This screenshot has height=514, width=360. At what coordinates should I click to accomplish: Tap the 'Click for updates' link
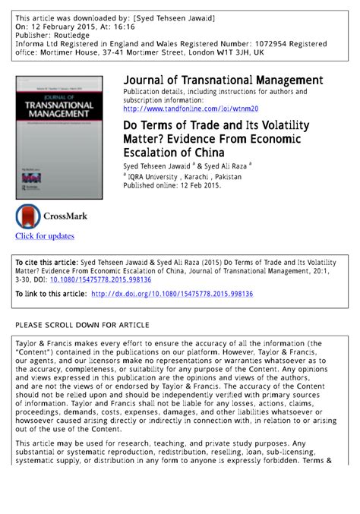(x=45, y=236)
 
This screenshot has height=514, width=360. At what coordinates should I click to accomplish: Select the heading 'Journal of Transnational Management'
(x=223, y=80)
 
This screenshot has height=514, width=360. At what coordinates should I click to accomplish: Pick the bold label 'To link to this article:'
(x=51, y=294)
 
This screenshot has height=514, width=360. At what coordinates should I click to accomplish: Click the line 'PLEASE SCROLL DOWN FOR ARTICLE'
(x=82, y=325)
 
